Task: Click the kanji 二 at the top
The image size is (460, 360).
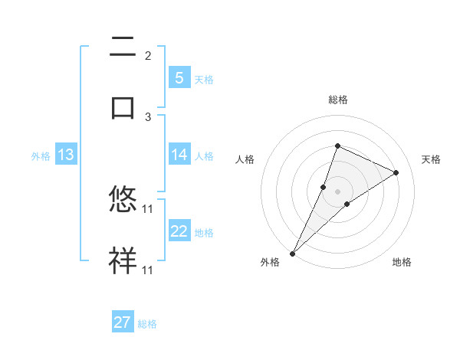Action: click(123, 47)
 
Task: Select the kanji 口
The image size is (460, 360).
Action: click(123, 106)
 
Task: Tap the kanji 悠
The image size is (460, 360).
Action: click(123, 200)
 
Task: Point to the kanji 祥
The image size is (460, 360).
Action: click(123, 260)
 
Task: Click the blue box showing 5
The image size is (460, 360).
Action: click(179, 78)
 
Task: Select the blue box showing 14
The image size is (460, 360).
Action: click(179, 155)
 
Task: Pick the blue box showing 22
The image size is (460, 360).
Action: click(179, 231)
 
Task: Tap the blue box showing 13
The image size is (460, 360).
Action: click(65, 155)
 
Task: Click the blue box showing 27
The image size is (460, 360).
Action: click(123, 322)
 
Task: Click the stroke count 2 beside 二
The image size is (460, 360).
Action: click(148, 56)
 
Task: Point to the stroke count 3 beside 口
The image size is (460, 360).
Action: click(148, 116)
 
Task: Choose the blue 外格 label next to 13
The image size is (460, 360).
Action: click(41, 156)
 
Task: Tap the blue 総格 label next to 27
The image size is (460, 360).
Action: click(147, 324)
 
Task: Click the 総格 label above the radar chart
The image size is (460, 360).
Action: click(337, 100)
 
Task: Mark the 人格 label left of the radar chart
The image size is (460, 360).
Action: click(245, 159)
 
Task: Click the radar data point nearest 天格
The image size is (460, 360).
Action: click(396, 172)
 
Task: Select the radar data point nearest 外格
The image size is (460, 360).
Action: click(292, 253)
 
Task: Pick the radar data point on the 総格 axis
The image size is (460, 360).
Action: click(337, 146)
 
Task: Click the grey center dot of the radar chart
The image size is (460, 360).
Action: click(337, 191)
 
